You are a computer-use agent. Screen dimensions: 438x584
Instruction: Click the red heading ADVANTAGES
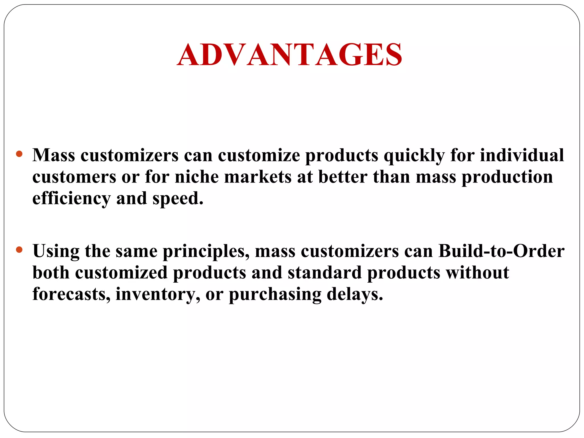[x=289, y=54]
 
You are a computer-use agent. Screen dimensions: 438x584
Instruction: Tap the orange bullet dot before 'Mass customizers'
[x=19, y=154]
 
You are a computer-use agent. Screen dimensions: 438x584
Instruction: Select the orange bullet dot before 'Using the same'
[x=19, y=250]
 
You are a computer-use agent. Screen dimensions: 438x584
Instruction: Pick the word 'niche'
[x=197, y=177]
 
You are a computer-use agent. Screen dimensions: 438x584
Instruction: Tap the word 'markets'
[x=258, y=177]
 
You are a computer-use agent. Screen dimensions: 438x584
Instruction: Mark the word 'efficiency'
[x=71, y=198]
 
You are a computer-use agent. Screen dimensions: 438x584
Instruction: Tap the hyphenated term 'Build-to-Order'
[x=501, y=251]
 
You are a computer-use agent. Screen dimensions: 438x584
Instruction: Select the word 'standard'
[x=325, y=273]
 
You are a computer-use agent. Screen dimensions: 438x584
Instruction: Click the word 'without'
[x=478, y=273]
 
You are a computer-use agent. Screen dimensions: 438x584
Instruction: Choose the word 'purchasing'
[x=275, y=295]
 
